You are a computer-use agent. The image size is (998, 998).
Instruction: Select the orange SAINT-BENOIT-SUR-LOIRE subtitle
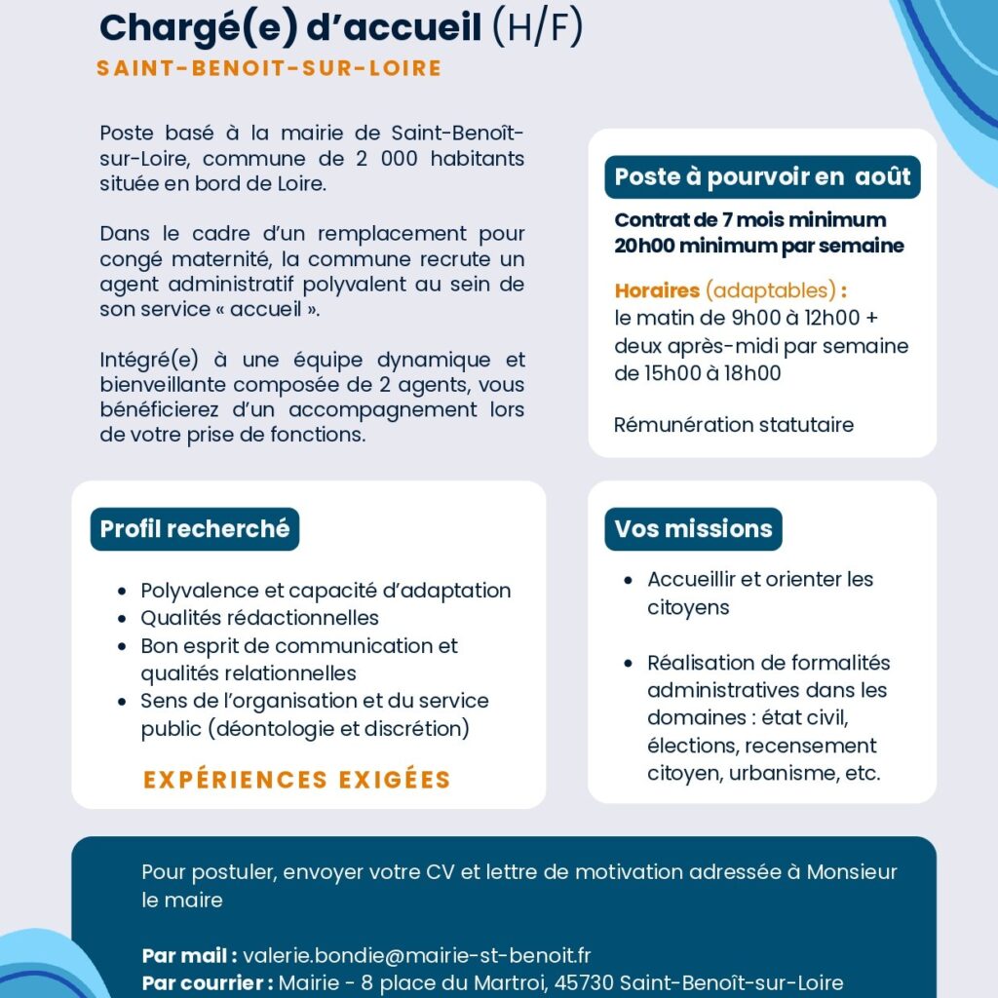point(269,69)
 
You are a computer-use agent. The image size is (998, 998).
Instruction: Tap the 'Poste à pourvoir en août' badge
point(762,176)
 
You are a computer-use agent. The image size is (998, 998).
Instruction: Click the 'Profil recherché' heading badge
point(195,528)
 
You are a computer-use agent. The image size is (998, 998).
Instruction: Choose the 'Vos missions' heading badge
point(693,528)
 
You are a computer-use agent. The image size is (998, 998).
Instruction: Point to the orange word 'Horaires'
point(657,290)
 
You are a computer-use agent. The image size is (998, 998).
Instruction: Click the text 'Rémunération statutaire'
point(734,425)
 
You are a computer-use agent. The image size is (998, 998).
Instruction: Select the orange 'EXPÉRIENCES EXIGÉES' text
point(297,780)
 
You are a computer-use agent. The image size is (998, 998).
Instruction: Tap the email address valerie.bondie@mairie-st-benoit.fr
point(417,955)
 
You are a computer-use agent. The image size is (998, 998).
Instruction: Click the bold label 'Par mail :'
point(190,955)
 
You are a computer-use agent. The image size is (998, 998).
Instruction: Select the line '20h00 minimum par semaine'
point(759,246)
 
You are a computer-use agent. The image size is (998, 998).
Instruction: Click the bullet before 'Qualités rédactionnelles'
point(121,618)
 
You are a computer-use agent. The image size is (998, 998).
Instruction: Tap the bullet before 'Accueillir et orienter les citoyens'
point(629,580)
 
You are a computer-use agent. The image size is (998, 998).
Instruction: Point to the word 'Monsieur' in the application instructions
point(852,871)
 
